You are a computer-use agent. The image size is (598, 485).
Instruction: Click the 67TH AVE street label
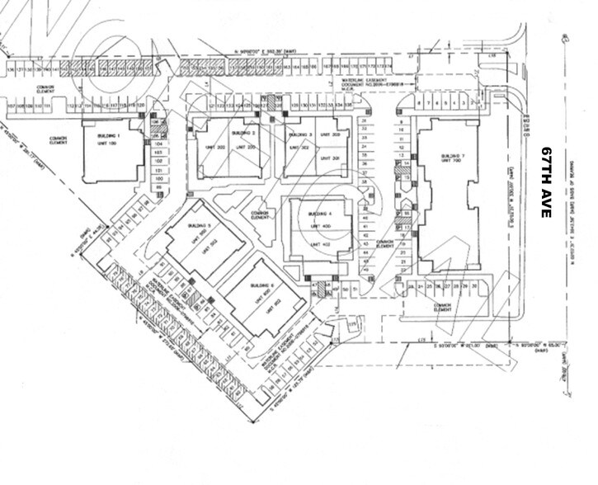pos(545,182)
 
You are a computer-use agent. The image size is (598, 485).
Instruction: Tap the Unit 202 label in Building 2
pos(206,147)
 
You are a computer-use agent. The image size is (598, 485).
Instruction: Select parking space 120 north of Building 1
pos(140,106)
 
